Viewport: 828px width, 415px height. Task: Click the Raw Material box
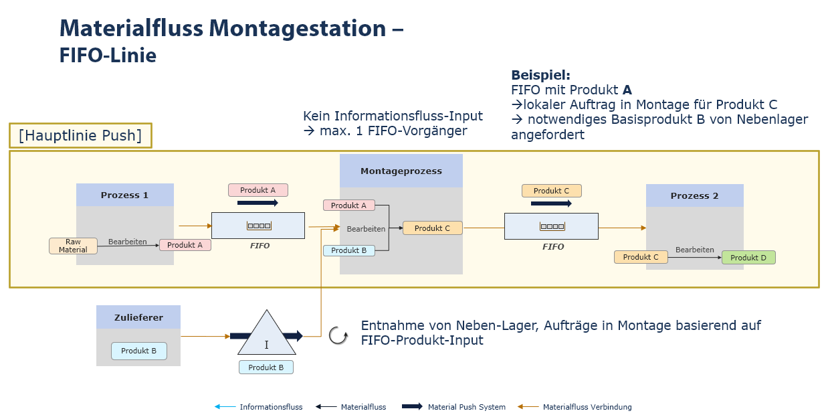pyautogui.click(x=73, y=246)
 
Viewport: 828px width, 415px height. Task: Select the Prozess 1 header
pyautogui.click(x=124, y=195)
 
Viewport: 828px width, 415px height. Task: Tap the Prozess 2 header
pyautogui.click(x=694, y=195)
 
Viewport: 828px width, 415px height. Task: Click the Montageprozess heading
pyautogui.click(x=401, y=171)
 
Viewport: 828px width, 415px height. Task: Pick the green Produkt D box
pyautogui.click(x=748, y=258)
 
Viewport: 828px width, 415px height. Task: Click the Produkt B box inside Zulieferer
pyautogui.click(x=138, y=351)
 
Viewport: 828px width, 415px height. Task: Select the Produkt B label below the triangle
pyautogui.click(x=266, y=367)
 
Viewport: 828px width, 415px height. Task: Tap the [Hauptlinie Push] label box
pyautogui.click(x=80, y=136)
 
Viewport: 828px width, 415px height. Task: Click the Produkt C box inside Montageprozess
pyautogui.click(x=432, y=228)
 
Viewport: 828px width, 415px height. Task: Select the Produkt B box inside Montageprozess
pyautogui.click(x=348, y=250)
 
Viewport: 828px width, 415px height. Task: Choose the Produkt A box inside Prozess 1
pyautogui.click(x=185, y=245)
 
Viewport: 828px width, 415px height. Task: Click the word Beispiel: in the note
pyautogui.click(x=540, y=76)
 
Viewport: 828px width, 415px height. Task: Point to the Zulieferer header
pyautogui.click(x=138, y=317)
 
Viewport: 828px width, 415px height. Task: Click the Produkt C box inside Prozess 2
pyautogui.click(x=641, y=257)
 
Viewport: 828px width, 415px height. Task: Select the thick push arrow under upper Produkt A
pyautogui.click(x=257, y=202)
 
